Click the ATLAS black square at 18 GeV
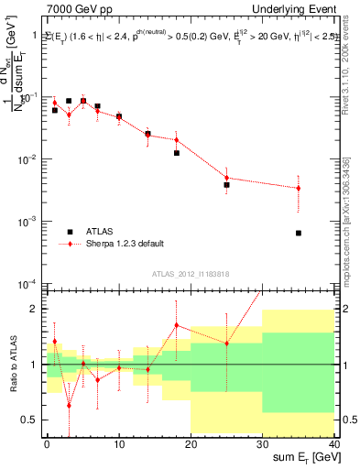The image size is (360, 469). [x=176, y=153]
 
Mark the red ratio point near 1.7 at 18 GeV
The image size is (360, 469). [x=176, y=325]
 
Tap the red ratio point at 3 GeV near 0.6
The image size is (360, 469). [x=69, y=405]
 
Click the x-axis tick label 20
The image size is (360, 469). [x=191, y=444]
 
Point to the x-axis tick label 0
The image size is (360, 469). [x=47, y=444]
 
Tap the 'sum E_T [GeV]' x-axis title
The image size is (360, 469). [x=303, y=459]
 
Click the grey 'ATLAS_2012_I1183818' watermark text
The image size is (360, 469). [x=191, y=274]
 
